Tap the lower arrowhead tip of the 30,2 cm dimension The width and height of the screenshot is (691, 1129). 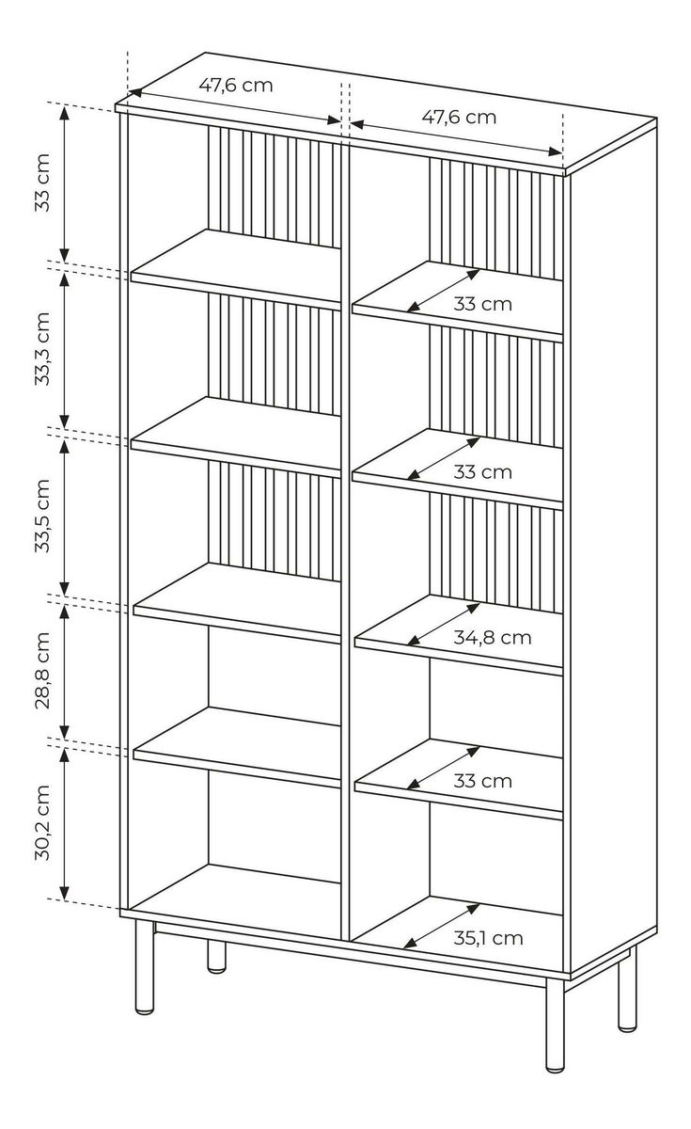(64, 898)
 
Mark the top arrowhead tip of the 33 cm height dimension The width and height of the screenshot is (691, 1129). (64, 106)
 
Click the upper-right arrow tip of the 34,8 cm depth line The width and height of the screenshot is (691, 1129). (480, 603)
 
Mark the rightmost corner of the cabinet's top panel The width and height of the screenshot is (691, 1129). (657, 119)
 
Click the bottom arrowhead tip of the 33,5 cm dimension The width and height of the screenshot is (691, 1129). (64, 596)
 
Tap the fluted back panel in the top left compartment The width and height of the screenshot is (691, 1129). (275, 186)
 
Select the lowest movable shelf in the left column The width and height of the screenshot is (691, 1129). (237, 746)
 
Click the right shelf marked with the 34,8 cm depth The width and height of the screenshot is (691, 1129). (459, 634)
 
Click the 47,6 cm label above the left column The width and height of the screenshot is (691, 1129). (236, 86)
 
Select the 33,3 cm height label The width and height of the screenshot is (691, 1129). (42, 349)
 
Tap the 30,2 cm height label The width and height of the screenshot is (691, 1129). (42, 823)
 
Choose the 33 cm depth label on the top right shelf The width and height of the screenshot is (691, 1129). (482, 304)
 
